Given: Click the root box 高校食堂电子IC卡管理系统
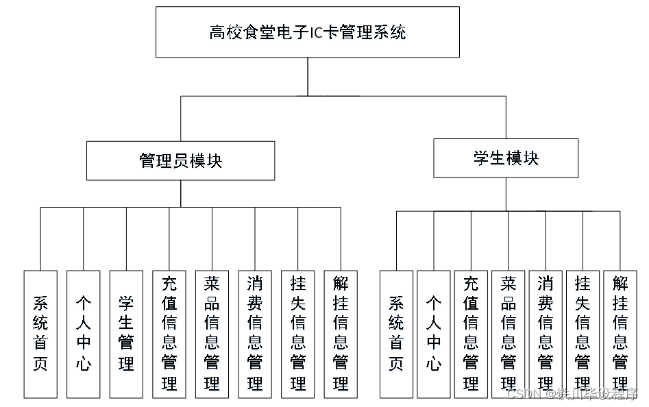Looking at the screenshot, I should click(x=307, y=32).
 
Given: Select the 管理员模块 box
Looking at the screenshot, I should click(x=180, y=161).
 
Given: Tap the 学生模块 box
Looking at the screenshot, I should click(x=506, y=158).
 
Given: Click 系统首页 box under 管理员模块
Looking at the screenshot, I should click(x=40, y=334).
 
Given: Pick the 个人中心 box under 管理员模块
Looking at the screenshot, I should click(x=83, y=334).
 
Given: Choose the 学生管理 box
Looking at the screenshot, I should click(x=126, y=334).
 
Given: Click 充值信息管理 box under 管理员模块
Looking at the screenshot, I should click(x=169, y=334).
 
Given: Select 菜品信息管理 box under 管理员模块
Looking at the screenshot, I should click(x=212, y=334).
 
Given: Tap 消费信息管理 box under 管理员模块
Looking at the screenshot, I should click(x=255, y=334).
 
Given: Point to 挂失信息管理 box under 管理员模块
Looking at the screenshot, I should click(x=298, y=334).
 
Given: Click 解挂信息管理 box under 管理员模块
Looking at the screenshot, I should click(x=341, y=334).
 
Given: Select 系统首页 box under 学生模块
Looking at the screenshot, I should click(x=396, y=334).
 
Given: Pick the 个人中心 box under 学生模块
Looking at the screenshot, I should click(x=434, y=334).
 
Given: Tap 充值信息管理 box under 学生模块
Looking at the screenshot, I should click(x=471, y=334).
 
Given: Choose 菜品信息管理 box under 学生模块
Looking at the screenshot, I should click(x=508, y=334).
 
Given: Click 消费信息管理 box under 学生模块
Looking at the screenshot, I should click(x=546, y=334).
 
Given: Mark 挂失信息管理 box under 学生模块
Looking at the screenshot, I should click(x=583, y=334).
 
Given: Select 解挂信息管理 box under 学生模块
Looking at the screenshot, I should click(x=620, y=334).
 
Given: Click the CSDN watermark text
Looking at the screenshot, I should click(x=572, y=394).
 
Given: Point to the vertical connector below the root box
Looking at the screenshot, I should click(x=308, y=76).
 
